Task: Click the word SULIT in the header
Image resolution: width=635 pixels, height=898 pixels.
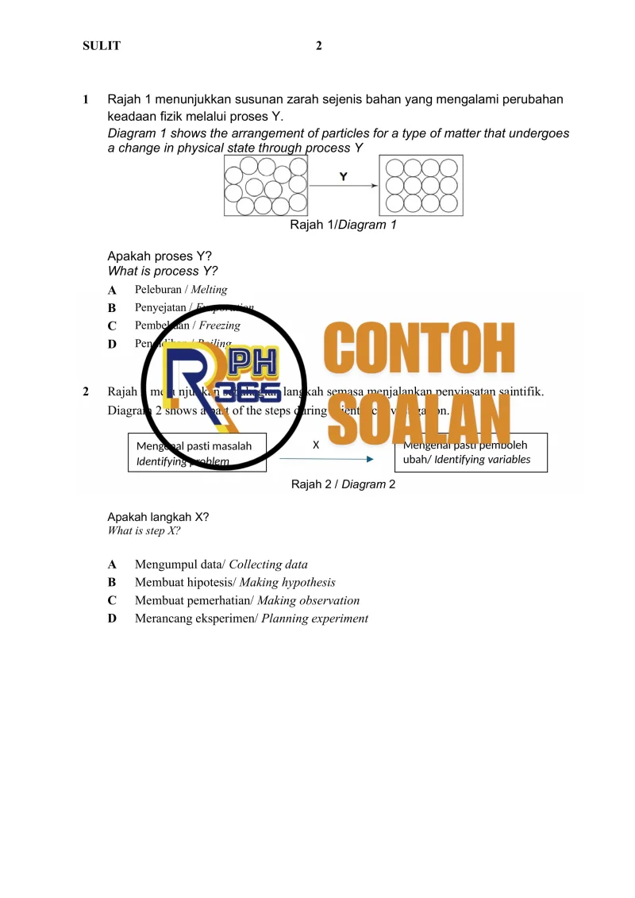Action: (x=102, y=46)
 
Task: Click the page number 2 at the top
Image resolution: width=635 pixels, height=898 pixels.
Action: (x=318, y=46)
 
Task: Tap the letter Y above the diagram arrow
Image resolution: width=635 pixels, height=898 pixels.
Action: (x=343, y=176)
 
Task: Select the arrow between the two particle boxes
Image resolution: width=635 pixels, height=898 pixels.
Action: (x=343, y=187)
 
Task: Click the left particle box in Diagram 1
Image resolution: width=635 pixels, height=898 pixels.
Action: (x=266, y=186)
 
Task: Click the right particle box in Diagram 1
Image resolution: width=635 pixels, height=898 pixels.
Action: (x=421, y=186)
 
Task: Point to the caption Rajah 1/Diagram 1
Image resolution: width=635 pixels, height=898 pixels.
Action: (x=343, y=225)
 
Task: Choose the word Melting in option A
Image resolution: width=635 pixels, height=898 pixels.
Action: (x=209, y=290)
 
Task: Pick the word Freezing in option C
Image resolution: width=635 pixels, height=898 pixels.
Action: (x=219, y=326)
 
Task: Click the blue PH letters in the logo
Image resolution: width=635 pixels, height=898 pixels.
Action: (x=253, y=367)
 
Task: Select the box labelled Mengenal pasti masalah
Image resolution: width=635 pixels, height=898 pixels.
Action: (x=197, y=453)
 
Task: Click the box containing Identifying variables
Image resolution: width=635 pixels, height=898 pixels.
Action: (x=470, y=453)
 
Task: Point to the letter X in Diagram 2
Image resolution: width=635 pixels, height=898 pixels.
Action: (x=316, y=445)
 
